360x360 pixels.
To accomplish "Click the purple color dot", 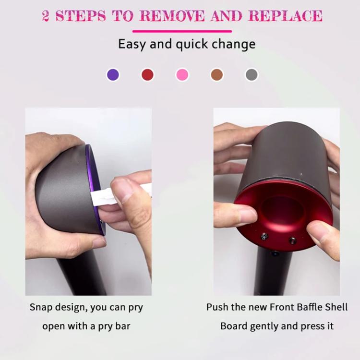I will point(113,75).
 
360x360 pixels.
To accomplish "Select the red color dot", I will point(147,75).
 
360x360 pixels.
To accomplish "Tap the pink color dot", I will point(182,75).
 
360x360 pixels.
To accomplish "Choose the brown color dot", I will point(217,75).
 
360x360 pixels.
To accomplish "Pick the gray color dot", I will point(252,75).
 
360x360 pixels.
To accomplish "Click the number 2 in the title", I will point(46,16).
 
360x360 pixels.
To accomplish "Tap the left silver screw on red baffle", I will point(264,236).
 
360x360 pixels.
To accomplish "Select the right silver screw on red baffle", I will point(291,240).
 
